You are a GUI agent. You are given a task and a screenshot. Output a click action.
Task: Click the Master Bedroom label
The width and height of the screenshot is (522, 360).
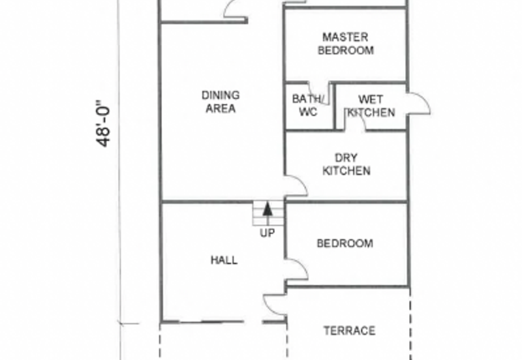coord(346,43)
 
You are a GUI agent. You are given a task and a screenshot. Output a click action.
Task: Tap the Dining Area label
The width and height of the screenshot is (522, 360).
coord(221,102)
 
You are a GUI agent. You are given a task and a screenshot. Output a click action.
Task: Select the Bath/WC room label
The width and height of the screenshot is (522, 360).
coord(307,105)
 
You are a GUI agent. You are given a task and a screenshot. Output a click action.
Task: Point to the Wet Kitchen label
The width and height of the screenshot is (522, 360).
coord(371,106)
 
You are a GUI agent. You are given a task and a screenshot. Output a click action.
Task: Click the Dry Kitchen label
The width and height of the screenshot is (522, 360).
coord(346,164)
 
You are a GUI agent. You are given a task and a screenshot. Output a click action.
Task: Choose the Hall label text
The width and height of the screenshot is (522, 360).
coord(224,260)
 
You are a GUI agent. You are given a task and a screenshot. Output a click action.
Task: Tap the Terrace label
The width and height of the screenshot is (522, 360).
coord(350,331)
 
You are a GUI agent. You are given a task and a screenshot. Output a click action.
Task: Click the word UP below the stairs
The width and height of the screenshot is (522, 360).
coord(268,233)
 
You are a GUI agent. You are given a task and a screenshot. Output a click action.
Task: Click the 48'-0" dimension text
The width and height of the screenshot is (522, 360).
coord(103,123)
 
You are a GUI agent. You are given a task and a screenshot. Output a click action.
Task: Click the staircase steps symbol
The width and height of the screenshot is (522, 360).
coord(268,214)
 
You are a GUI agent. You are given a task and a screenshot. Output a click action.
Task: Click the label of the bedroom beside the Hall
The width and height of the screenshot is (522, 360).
coord(345,243)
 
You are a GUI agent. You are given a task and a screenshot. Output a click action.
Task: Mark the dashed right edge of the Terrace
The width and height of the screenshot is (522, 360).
coord(410,323)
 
